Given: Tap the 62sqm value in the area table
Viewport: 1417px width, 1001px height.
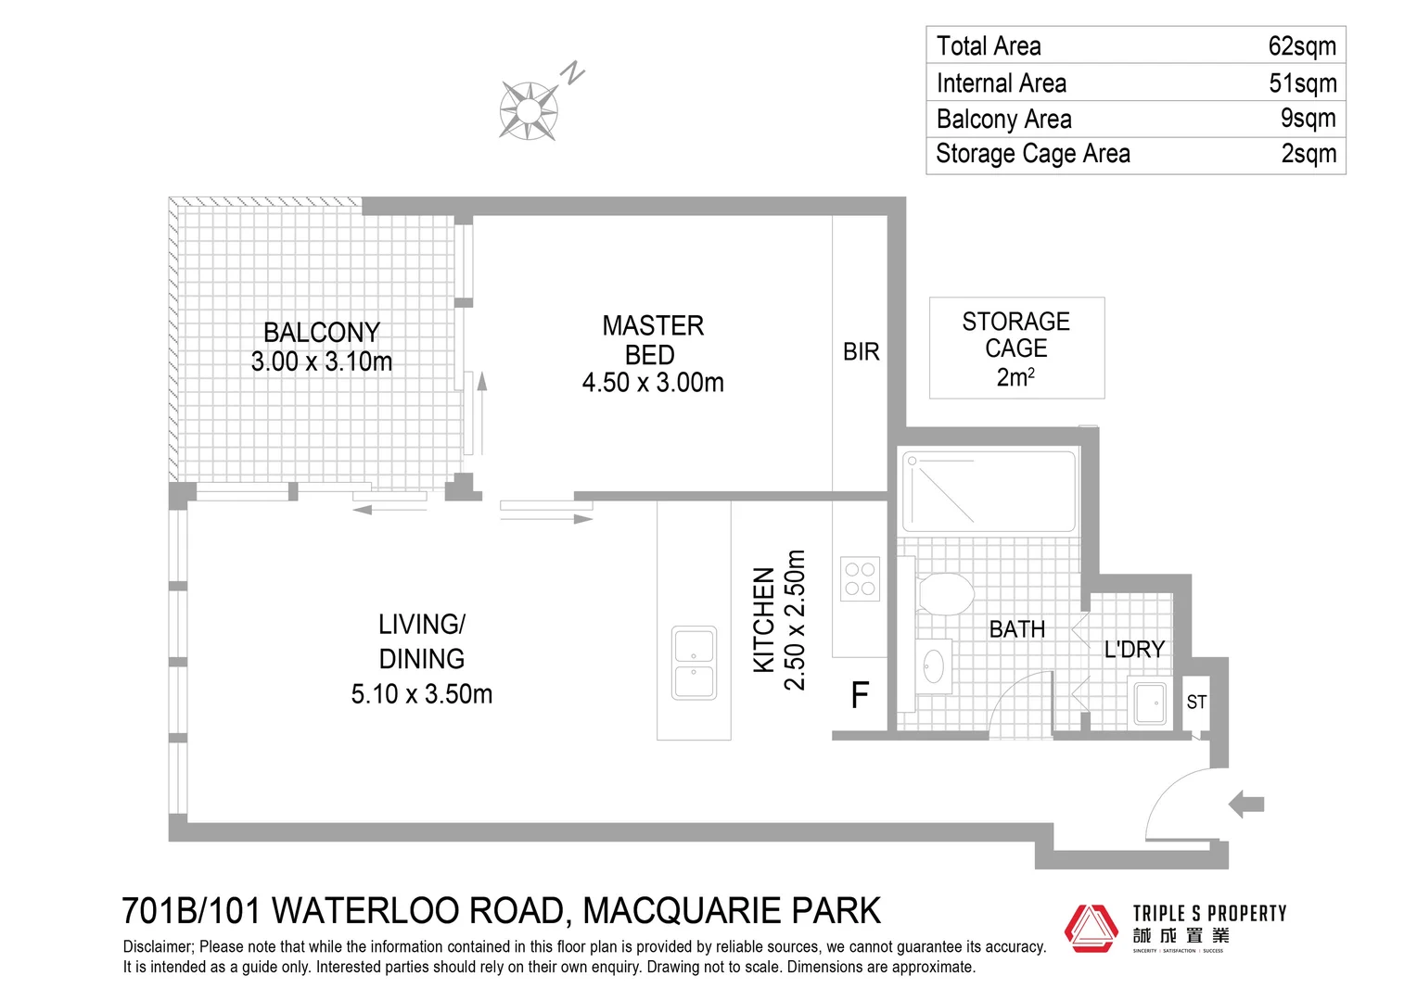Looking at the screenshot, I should click(1302, 46).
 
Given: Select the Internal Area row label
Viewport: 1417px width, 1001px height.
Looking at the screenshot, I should click(1001, 83).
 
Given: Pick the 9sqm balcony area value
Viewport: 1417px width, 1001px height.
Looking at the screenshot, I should click(1308, 119).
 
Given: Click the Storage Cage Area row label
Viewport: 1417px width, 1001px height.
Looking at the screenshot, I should click(1032, 154).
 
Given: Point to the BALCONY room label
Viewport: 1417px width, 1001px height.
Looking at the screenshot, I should click(321, 332).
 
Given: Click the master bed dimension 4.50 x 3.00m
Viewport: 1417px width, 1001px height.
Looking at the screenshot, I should click(653, 383).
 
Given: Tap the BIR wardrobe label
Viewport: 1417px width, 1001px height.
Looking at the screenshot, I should click(861, 352).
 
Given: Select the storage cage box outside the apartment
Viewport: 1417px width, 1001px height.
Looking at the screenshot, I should click(1016, 348).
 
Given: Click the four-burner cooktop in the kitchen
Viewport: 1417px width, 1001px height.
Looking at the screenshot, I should click(860, 579).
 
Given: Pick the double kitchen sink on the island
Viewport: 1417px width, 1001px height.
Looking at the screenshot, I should click(694, 664).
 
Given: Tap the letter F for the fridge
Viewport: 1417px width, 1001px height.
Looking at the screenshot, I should click(860, 695).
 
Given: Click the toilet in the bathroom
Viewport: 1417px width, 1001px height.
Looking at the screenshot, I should click(945, 593).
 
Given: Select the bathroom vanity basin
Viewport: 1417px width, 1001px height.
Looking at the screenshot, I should click(933, 665).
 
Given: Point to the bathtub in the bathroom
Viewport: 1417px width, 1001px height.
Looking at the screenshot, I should click(989, 491).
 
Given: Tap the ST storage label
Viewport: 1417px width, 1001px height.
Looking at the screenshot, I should click(1196, 703).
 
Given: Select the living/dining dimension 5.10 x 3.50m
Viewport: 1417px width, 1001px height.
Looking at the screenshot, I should click(422, 694).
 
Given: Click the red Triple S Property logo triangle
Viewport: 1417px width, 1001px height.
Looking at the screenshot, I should click(1091, 928).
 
